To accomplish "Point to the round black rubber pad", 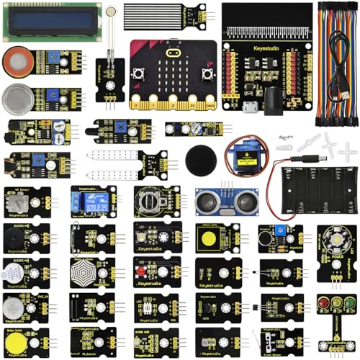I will tap(198, 157).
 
